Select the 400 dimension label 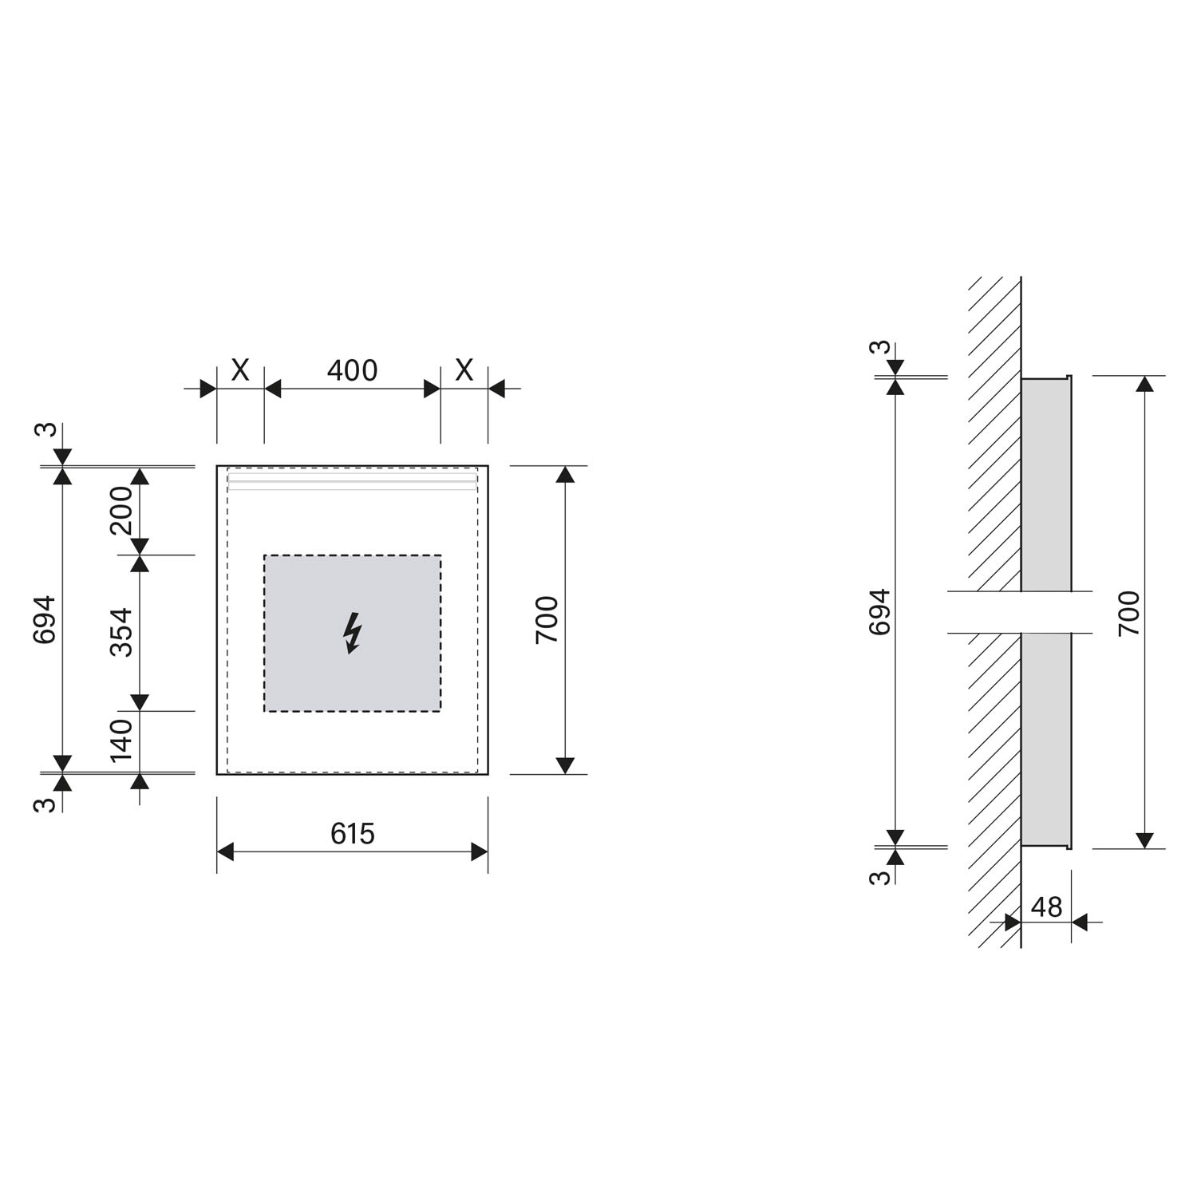pos(352,370)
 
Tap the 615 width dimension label pos(352,834)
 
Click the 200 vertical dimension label pos(121,511)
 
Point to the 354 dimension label pos(121,633)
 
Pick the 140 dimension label pos(121,741)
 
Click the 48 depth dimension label pos(1046,907)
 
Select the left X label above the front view pos(240,370)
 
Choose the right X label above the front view pos(464,370)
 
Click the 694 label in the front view pos(45,619)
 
